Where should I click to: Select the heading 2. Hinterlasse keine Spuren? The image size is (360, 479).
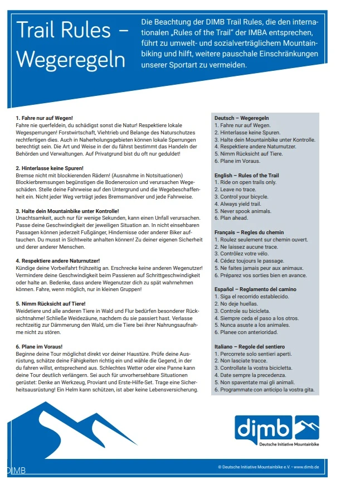(x=50, y=168)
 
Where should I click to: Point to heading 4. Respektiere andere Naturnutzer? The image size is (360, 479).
(x=57, y=260)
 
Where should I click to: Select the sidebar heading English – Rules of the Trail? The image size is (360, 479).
(x=247, y=175)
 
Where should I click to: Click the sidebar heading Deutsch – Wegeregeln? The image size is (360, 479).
(x=242, y=118)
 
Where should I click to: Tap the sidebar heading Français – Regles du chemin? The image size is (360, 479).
(x=249, y=232)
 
